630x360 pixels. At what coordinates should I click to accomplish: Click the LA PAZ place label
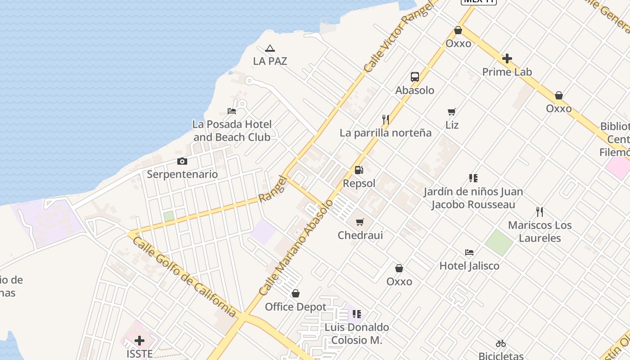pos(270,61)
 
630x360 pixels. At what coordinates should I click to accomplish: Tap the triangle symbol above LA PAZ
pos(270,49)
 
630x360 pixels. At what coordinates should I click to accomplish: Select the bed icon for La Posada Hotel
pos(232,111)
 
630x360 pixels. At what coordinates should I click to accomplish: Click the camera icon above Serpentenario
pos(182,162)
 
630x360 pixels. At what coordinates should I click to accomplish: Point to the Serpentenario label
pos(182,174)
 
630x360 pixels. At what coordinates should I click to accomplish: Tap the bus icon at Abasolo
pos(415,77)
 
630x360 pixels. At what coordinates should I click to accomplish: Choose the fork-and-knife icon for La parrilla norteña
pos(386,120)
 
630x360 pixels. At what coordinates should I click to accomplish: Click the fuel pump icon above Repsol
pos(359,170)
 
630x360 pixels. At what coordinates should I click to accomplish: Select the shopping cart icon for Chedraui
pos(360,222)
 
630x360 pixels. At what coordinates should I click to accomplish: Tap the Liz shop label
pos(452,125)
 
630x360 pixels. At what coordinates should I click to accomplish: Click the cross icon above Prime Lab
pos(507,58)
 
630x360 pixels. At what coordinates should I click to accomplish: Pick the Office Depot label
pos(296,307)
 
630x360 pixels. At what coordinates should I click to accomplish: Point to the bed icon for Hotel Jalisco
pos(469,252)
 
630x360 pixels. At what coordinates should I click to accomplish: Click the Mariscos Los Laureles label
pos(540,231)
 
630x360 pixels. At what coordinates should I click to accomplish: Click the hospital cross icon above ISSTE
pos(139,341)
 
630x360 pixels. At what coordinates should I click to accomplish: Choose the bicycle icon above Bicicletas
pos(501,344)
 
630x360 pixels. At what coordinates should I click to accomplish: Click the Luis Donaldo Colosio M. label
pos(357,333)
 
